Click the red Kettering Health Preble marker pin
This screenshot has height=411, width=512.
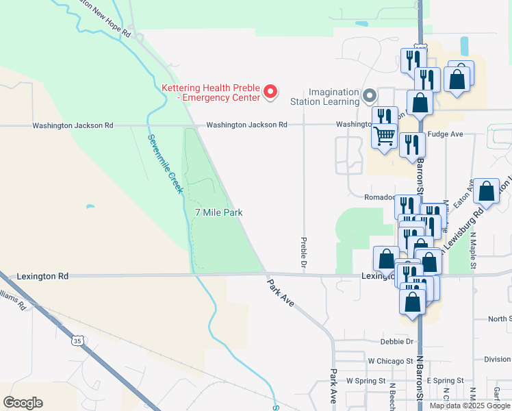pos(270,91)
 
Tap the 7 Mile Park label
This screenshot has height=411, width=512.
pos(219,213)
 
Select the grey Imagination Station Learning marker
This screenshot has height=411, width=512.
pos(370,95)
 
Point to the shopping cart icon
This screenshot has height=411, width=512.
pos(385,136)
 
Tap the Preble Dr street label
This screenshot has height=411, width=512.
pos(302,252)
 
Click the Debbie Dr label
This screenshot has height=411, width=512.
pos(398,341)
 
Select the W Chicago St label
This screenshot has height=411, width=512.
pos(391,360)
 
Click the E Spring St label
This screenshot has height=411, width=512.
pos(445,380)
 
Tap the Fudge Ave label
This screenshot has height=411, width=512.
pos(446,134)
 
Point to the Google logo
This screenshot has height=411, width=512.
pos(23,403)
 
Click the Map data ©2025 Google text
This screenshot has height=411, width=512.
pos(469,406)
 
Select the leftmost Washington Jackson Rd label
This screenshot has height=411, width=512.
pos(73,125)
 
